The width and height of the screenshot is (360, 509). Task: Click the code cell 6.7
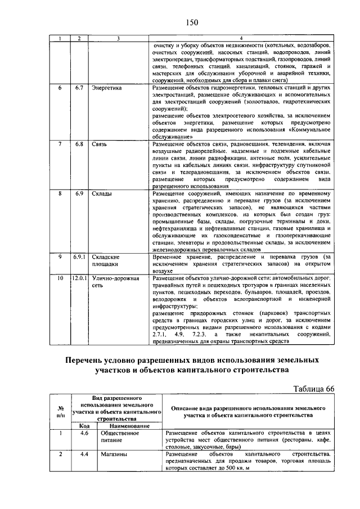tap(79, 88)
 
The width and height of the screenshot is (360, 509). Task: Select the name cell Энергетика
tap(106, 88)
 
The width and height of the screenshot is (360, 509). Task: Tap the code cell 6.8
tap(79, 144)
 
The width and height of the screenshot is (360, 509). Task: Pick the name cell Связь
tap(100, 144)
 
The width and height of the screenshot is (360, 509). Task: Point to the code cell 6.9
tap(79, 194)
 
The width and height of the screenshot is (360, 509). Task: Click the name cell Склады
tap(102, 194)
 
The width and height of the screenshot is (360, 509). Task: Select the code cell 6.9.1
tap(79, 256)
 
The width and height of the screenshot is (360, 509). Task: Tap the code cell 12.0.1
tap(79, 278)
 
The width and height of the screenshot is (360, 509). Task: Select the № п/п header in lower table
tap(60, 413)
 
